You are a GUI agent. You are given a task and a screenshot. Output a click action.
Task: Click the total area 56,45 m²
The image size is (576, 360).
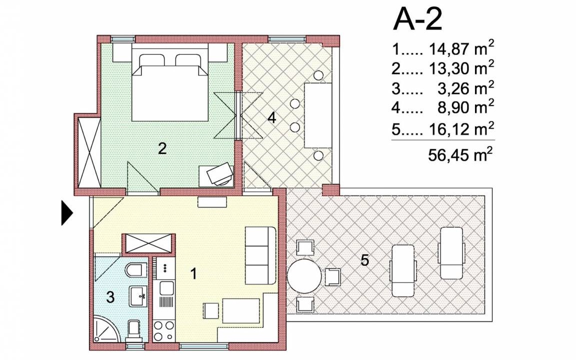click(x=460, y=154)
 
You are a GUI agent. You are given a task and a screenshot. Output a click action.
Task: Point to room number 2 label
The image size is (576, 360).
click(x=162, y=148)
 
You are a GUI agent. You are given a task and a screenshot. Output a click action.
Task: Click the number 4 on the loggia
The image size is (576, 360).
click(x=272, y=118)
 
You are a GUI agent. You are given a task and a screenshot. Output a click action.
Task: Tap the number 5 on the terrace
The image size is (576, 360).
click(x=364, y=260)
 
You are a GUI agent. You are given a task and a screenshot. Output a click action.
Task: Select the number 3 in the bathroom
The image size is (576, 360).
click(x=110, y=297)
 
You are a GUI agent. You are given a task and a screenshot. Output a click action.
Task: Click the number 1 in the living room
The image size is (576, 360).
click(x=193, y=273)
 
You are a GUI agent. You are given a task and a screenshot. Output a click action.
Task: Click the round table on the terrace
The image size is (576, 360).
click(x=304, y=275)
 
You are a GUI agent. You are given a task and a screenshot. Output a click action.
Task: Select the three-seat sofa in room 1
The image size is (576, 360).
click(x=260, y=255)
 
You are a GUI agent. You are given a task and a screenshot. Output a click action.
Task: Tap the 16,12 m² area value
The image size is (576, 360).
click(x=460, y=128)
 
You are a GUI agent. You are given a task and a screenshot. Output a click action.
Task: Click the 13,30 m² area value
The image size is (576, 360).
click(x=460, y=67)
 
